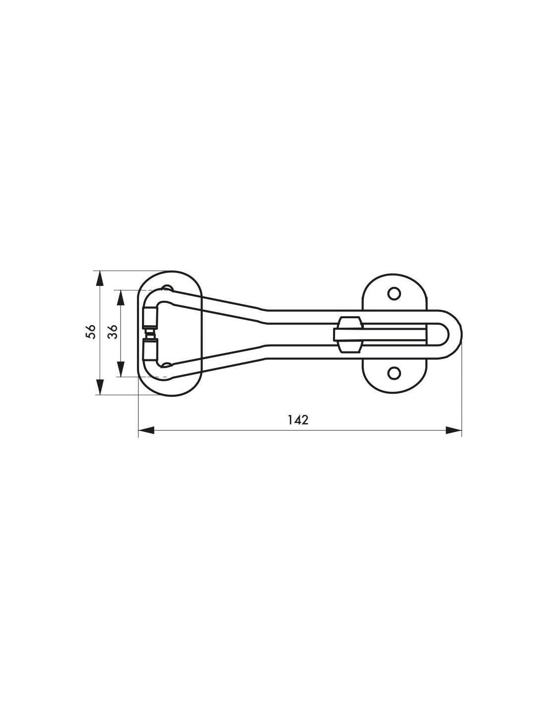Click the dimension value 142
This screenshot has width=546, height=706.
pos(298,420)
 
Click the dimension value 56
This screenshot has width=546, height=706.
pos(90,332)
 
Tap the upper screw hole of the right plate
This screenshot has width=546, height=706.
pos(394,293)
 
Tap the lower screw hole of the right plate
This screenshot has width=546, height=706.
pos(394,373)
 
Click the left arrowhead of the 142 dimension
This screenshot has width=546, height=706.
pos(146,430)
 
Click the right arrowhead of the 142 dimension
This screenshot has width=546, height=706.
pos(454,430)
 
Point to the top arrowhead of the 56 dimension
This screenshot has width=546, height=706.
pos(100,279)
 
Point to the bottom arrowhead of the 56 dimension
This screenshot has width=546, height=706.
pos(100,387)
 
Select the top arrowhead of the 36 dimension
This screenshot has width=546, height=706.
pos(120,297)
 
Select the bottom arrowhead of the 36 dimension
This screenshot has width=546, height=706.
pos(120,369)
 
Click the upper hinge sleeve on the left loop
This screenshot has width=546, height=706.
pos(149,317)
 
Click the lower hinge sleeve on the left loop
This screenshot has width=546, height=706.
pos(149,349)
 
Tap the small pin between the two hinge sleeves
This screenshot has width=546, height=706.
pos(149,333)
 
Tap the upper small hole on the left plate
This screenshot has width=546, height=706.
pos(167,288)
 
